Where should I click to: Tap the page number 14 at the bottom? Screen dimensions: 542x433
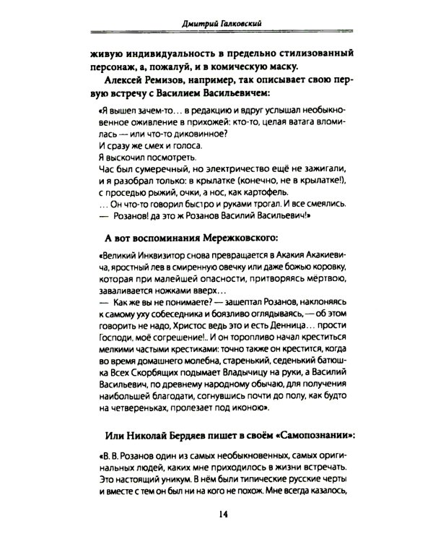click(x=216, y=514)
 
